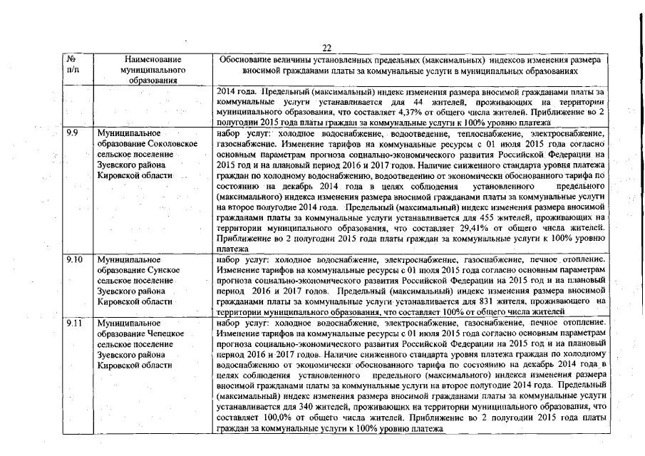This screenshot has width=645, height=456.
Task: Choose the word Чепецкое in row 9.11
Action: click(167, 333)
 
